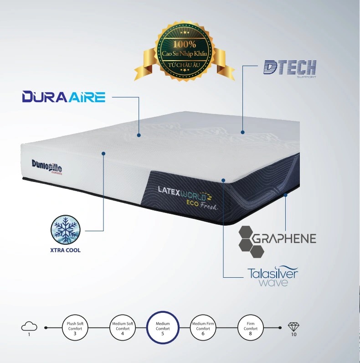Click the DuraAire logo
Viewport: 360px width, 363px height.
tap(64, 97)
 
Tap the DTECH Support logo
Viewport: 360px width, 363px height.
tap(290, 69)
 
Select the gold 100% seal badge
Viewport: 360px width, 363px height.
tap(185, 51)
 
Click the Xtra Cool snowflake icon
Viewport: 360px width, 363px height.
tap(66, 229)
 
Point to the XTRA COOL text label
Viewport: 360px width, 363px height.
tap(66, 250)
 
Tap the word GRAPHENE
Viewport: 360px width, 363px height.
tap(284, 239)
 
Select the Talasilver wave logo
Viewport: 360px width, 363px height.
tap(273, 277)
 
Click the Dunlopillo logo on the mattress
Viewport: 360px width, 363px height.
tap(47, 167)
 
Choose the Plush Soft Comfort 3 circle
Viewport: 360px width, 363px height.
tap(75, 327)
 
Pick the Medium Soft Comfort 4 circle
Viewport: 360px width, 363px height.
tap(123, 327)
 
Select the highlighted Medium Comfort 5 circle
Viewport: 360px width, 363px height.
tap(163, 327)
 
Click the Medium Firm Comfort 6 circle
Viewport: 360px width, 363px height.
tap(203, 327)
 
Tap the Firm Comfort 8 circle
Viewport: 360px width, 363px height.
tap(251, 327)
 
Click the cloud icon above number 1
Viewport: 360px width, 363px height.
tap(29, 326)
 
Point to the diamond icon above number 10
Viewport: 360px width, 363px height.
tap(293, 327)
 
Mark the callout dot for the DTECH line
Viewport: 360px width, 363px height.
tap(242, 132)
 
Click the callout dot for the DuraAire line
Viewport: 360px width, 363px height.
tap(139, 135)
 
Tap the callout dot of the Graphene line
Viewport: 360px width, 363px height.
tap(286, 195)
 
